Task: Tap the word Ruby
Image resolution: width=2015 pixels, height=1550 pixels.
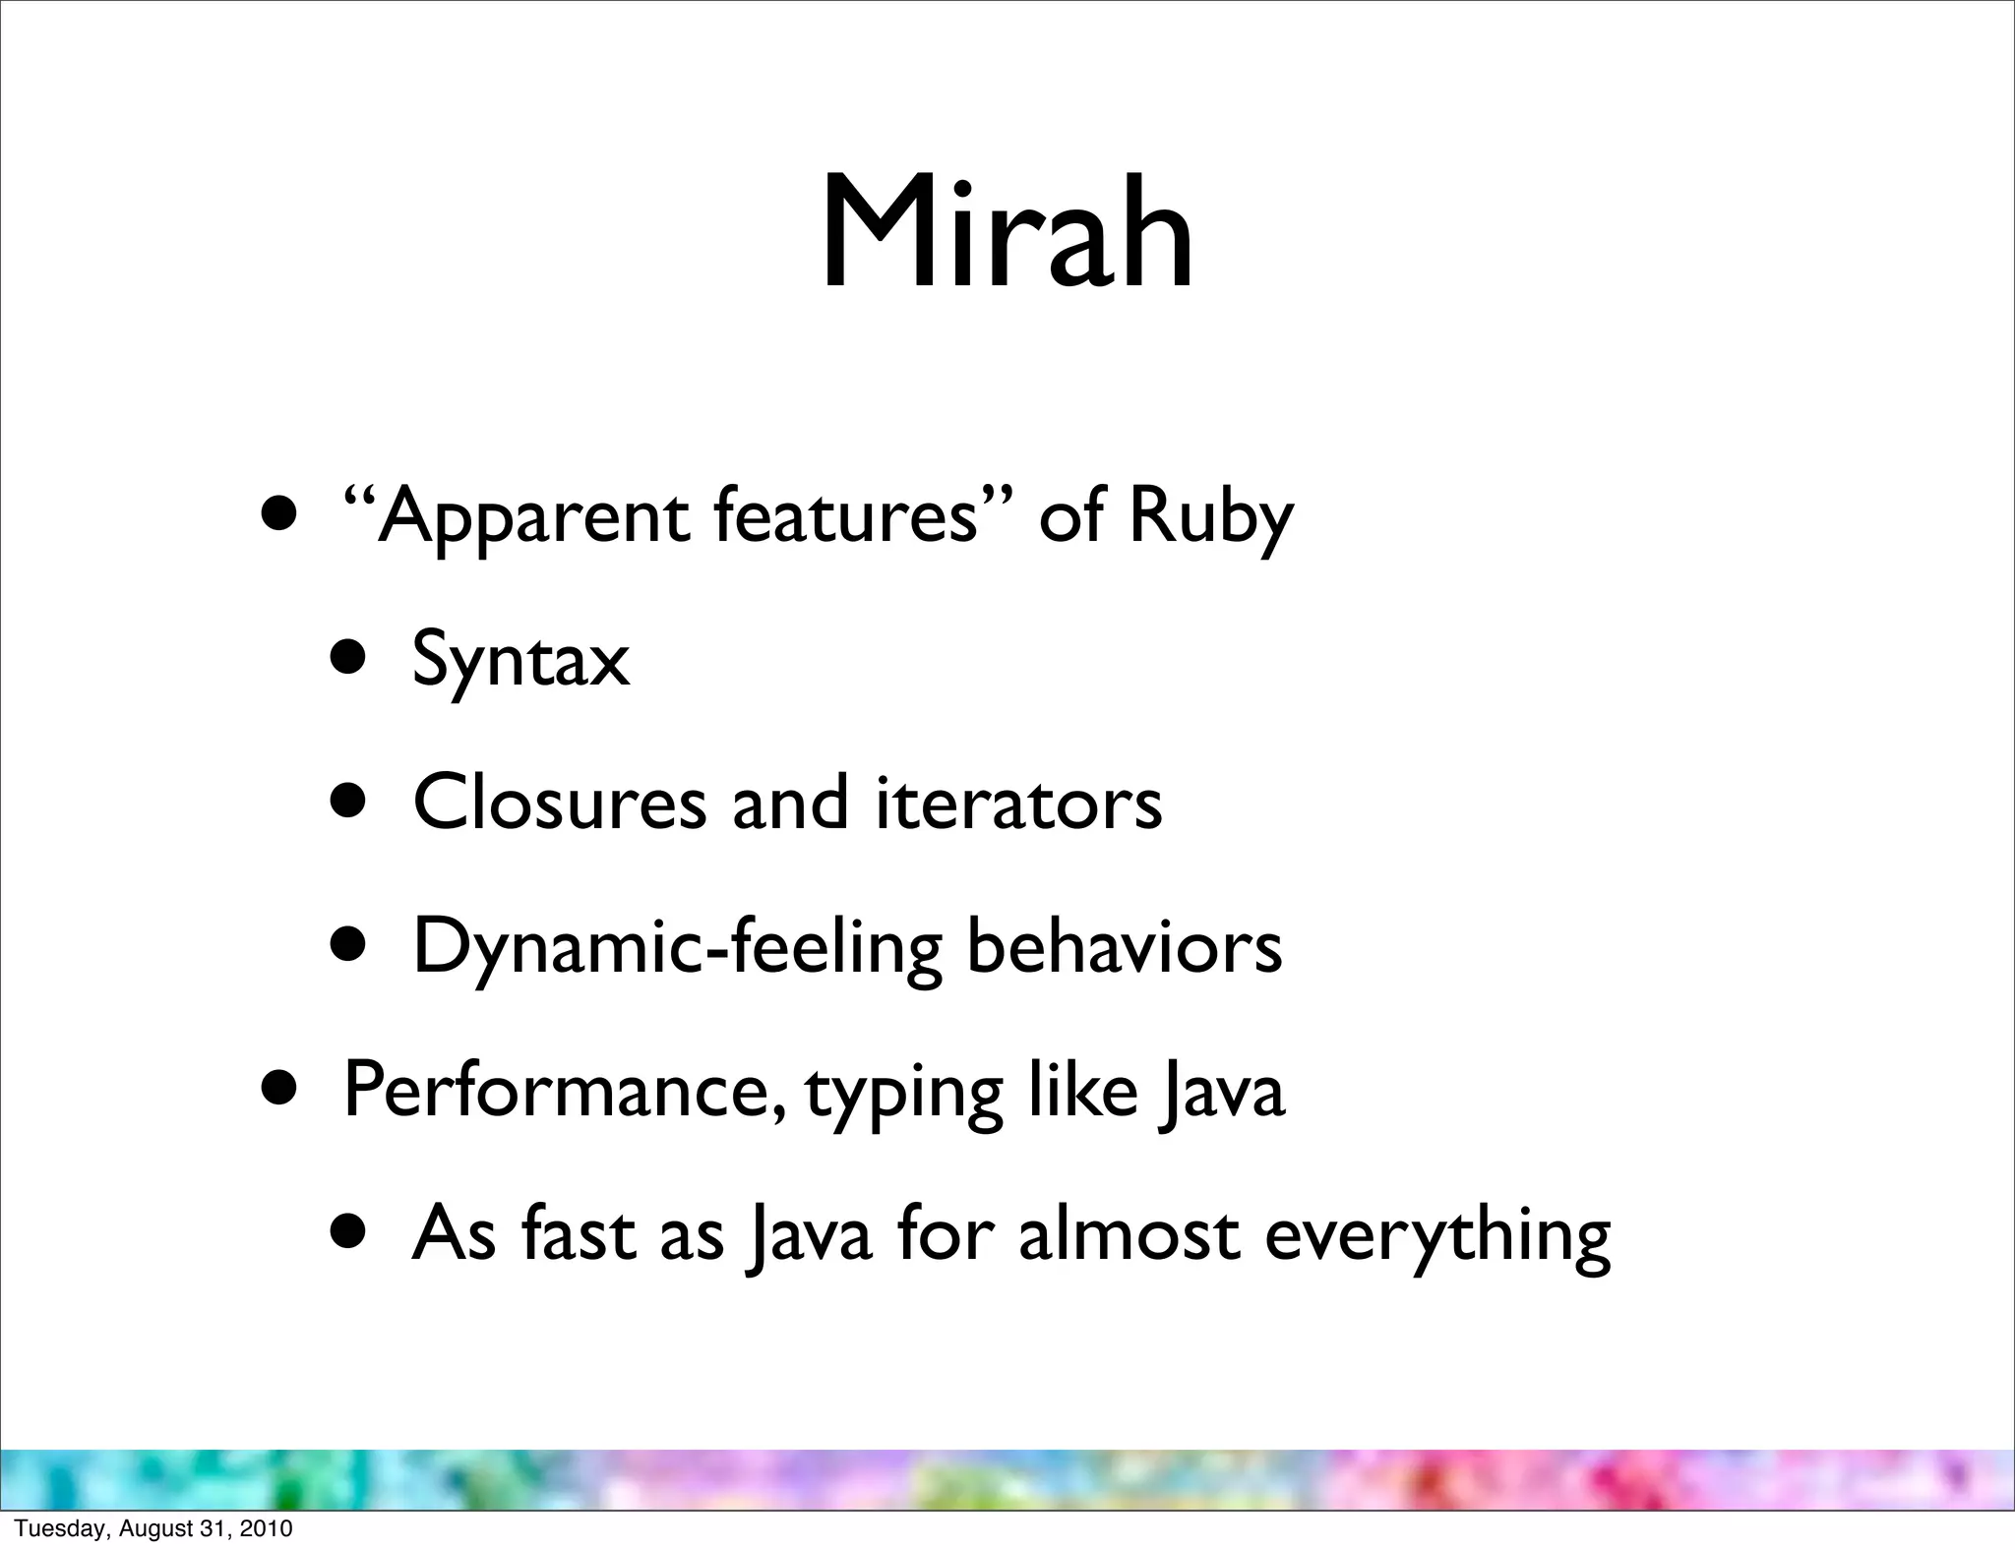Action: (1210, 517)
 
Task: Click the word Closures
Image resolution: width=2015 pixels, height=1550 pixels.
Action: (559, 803)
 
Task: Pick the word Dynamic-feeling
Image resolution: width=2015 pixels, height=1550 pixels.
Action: (677, 947)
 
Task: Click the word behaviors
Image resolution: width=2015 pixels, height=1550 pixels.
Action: (1125, 945)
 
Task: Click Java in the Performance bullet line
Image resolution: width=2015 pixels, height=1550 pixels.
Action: (1220, 1092)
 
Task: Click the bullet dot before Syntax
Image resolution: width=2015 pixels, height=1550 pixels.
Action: (352, 660)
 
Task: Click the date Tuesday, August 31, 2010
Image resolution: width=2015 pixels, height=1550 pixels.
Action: (153, 1528)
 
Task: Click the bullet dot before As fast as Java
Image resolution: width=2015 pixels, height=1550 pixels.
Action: (352, 1233)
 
